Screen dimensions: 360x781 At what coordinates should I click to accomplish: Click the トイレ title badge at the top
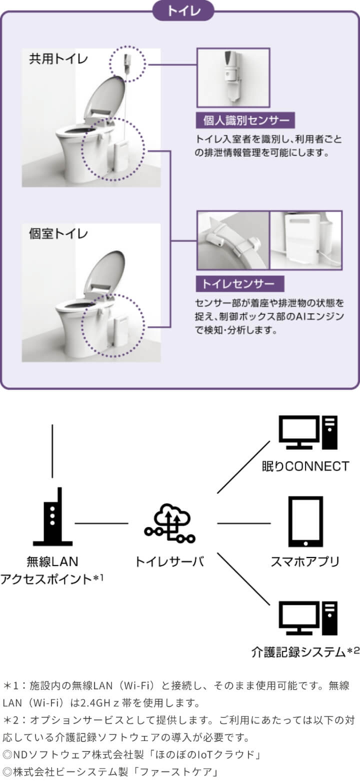pos(183,11)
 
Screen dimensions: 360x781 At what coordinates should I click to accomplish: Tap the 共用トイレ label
pos(58,59)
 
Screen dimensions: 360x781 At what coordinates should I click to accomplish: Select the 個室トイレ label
pos(58,233)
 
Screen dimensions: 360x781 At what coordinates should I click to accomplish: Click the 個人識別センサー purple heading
pos(245,120)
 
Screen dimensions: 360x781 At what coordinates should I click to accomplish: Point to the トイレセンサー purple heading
pos(240,284)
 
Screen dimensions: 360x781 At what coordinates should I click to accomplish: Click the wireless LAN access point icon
pos(52,516)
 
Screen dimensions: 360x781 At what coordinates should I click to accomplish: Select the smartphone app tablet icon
pos(305,521)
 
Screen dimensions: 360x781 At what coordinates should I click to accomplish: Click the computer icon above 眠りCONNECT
pos(308,432)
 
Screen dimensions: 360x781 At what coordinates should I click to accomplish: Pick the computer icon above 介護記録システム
pos(308,618)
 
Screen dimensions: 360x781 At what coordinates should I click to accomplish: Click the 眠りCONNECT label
pos(305,466)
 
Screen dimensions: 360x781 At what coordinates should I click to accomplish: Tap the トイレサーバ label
pos(169,561)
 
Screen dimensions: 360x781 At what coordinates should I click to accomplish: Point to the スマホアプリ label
pos(305,561)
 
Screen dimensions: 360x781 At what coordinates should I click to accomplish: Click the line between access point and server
pos(101,523)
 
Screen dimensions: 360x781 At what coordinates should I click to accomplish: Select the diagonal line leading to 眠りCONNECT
pos(243,467)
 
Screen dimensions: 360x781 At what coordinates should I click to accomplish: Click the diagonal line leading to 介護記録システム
pos(243,579)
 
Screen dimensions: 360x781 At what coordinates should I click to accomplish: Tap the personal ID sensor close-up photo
pos(233,77)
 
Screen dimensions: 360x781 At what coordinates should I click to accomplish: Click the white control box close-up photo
pos(306,240)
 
